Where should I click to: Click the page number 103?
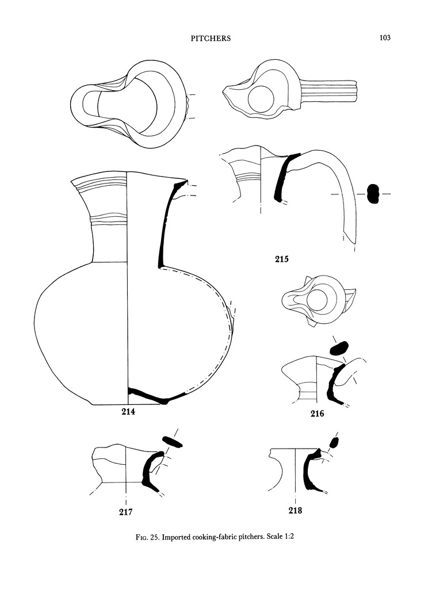click(385, 38)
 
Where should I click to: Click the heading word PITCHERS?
click(210, 39)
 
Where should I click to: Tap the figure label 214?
click(129, 411)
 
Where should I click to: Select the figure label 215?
click(281, 259)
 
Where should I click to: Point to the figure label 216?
click(317, 413)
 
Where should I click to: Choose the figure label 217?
click(125, 511)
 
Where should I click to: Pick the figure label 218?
click(295, 510)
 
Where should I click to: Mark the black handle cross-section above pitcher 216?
click(338, 348)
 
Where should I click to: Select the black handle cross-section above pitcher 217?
click(171, 441)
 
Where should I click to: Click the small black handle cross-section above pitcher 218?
click(334, 442)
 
